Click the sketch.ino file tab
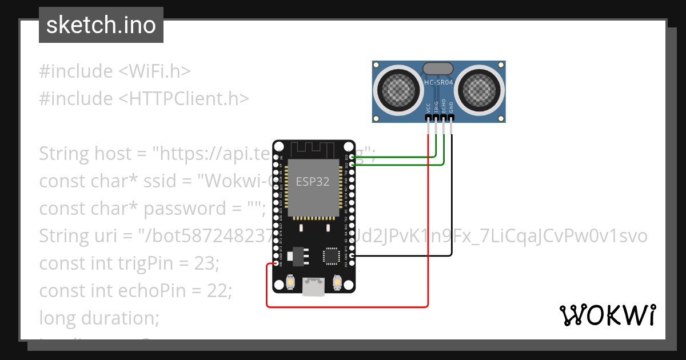point(101,26)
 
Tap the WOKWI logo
point(607,315)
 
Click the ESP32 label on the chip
point(312,182)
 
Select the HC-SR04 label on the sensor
point(438,82)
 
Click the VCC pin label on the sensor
point(429,108)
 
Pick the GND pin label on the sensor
point(451,108)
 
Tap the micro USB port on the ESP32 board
point(312,287)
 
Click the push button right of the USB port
point(336,283)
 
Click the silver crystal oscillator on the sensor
point(438,69)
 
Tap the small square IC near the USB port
point(332,256)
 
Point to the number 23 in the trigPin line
point(208,263)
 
